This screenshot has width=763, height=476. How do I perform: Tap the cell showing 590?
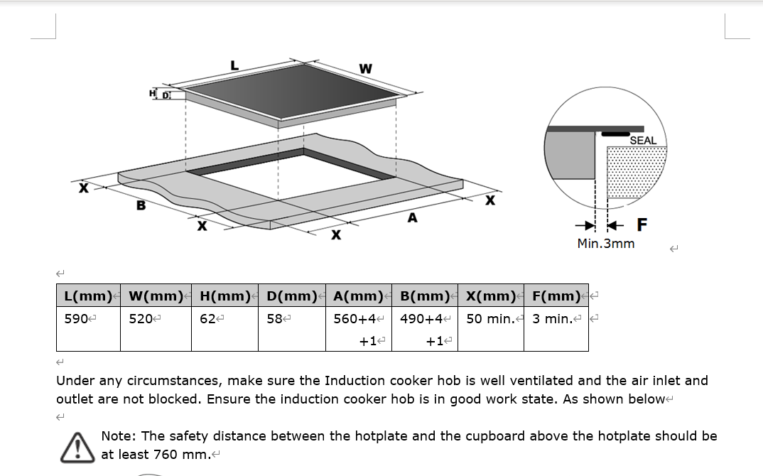point(75,319)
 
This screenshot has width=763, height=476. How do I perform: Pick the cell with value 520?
point(141,319)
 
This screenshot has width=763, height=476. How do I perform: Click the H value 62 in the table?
point(207,319)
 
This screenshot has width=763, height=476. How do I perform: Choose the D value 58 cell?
point(274,319)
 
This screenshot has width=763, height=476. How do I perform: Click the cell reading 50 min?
point(490,319)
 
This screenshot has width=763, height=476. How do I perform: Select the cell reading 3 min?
point(552,319)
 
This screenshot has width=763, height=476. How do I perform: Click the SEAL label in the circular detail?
point(643,141)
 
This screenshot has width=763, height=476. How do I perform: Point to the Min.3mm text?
point(606,244)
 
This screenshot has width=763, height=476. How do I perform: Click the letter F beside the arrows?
point(642,225)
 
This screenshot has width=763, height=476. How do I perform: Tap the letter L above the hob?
point(234,65)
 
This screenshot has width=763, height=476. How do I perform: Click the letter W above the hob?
point(365,69)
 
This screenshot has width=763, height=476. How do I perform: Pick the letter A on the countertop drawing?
point(412,218)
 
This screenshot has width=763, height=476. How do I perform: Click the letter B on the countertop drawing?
point(141,206)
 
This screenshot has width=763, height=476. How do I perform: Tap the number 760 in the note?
point(166,455)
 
